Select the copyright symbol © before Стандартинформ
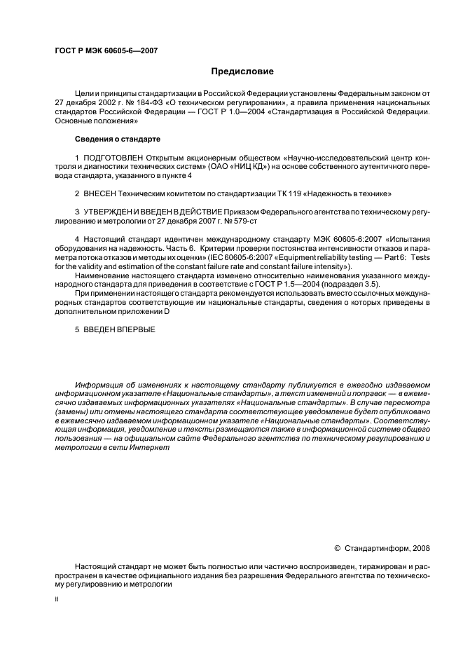(x=337, y=549)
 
